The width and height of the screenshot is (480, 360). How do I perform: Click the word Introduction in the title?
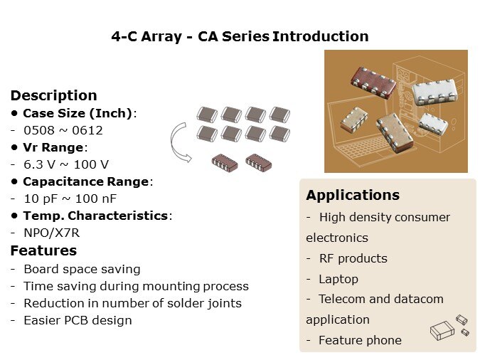(x=320, y=36)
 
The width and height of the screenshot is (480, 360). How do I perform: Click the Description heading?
(x=54, y=95)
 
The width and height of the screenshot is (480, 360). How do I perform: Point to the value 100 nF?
(x=96, y=198)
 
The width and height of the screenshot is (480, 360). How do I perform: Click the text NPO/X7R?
(x=52, y=233)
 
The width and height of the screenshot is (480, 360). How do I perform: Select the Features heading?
(x=43, y=250)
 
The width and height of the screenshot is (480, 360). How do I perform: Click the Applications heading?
(x=353, y=195)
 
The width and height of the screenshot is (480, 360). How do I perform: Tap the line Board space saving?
(x=82, y=270)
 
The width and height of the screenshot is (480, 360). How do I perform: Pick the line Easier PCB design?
(x=78, y=320)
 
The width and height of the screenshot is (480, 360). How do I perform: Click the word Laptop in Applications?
(x=338, y=280)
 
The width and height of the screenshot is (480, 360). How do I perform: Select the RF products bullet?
(x=353, y=259)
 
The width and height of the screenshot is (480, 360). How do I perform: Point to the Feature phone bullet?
(x=360, y=340)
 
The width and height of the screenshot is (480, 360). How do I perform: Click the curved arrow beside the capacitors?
(x=172, y=142)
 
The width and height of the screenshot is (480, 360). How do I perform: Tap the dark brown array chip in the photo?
(x=373, y=82)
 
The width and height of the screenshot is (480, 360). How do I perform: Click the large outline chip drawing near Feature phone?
(x=442, y=331)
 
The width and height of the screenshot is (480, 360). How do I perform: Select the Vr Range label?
(x=53, y=148)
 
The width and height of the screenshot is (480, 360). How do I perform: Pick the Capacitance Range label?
(x=86, y=181)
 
